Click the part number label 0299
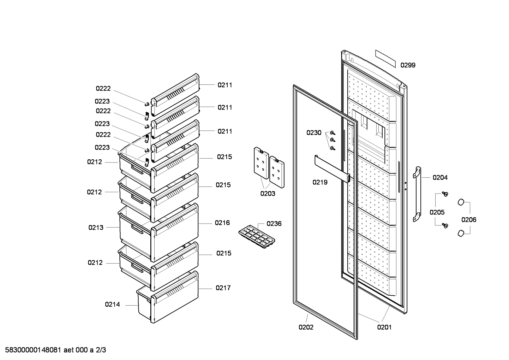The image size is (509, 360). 408,65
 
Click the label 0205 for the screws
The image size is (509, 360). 437,212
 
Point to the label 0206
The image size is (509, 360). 469,220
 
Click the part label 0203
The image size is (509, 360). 268,194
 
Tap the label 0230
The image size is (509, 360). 314,133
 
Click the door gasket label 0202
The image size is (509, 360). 306,327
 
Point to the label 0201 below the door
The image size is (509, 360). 384,327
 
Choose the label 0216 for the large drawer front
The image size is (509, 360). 222,223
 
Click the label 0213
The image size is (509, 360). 96,228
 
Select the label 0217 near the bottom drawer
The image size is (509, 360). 223,288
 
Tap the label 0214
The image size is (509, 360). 112,304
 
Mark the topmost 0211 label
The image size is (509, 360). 225,85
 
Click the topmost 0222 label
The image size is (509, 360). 103,89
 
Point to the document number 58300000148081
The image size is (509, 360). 32,350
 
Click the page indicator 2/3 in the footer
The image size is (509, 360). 101,350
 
